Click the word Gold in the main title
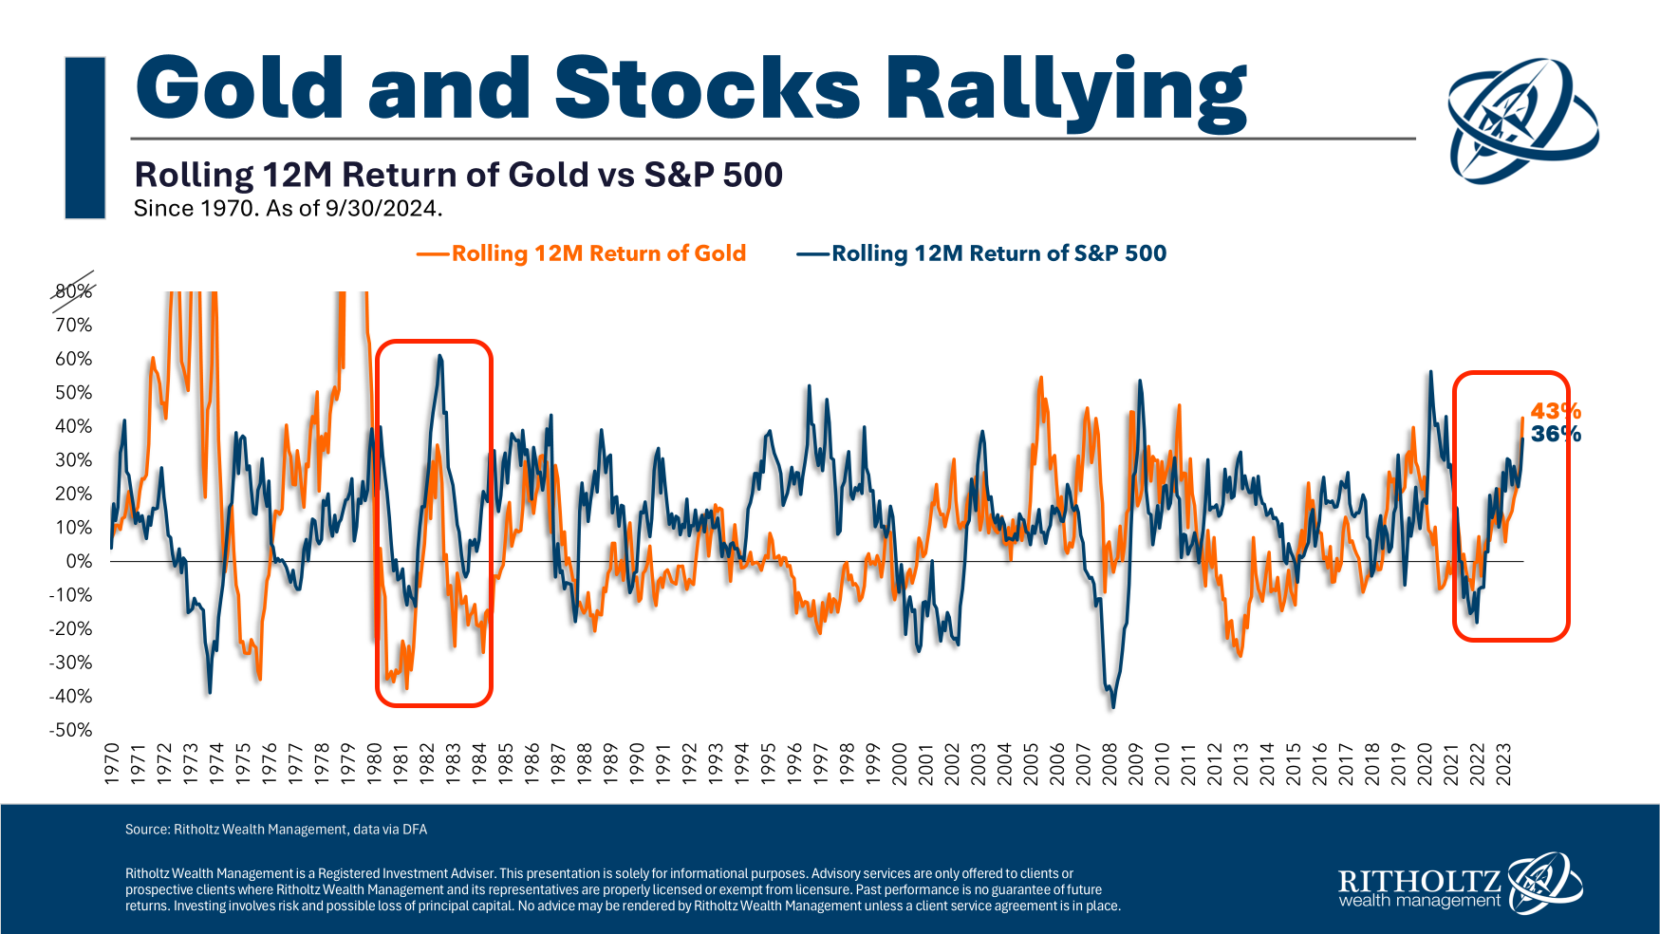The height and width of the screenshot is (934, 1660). (x=239, y=88)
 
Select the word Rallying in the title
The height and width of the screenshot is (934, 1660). (x=1065, y=90)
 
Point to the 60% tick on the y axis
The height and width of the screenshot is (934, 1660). (x=74, y=359)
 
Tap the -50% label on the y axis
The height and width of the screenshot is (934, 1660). (x=71, y=730)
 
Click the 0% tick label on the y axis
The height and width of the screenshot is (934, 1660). (x=79, y=561)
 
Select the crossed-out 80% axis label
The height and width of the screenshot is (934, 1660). (x=74, y=291)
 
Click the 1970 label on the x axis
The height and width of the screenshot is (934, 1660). (x=112, y=763)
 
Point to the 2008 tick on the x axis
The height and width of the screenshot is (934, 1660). (x=1110, y=763)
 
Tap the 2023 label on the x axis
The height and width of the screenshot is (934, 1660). (x=1503, y=763)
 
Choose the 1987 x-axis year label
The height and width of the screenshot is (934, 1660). (x=558, y=763)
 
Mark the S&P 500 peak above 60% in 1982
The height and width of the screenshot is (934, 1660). (x=439, y=356)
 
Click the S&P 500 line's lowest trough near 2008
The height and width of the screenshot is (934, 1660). (x=1113, y=707)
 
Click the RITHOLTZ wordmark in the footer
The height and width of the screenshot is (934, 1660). (x=1418, y=881)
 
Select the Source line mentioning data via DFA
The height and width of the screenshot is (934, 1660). (x=276, y=830)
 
